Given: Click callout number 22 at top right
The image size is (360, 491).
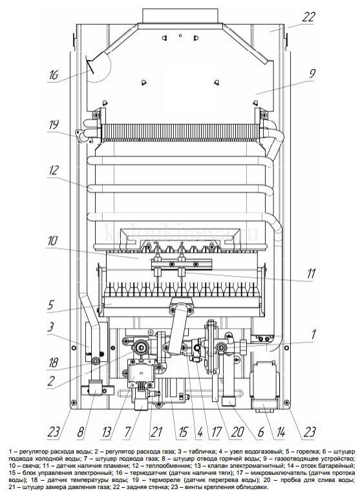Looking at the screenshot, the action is [x=308, y=17].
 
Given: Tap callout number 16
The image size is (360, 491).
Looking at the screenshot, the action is [x=54, y=75].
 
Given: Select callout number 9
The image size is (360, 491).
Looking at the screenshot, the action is [x=312, y=74].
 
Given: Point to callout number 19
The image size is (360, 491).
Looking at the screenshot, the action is [x=54, y=125].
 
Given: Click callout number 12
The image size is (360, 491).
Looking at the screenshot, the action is [x=54, y=171].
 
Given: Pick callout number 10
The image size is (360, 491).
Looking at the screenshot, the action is [x=52, y=241].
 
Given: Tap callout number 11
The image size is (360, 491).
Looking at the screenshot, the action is [x=310, y=274].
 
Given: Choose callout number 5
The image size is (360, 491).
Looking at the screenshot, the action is [x=51, y=305].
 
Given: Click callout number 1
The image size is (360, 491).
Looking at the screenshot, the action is [x=313, y=334].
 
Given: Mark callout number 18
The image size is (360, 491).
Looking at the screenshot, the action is [x=53, y=362].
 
